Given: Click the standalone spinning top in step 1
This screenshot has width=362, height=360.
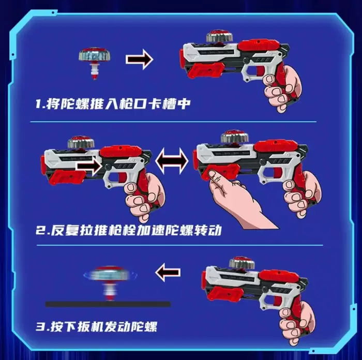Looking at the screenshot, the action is click(x=94, y=63).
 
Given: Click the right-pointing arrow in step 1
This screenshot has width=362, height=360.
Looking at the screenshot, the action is click(x=140, y=59).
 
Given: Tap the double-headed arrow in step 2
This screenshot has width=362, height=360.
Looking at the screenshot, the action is click(x=172, y=161).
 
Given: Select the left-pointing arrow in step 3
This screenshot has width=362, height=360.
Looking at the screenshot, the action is click(x=168, y=273).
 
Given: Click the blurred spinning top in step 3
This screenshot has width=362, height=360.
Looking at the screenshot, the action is click(x=110, y=283).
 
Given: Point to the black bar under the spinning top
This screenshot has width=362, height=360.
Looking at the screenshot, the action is click(x=108, y=304).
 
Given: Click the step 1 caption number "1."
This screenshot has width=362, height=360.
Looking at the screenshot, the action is click(x=40, y=104).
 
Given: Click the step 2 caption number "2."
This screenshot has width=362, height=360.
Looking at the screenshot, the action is click(x=42, y=231).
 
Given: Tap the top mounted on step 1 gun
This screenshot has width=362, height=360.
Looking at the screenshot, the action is click(x=219, y=37).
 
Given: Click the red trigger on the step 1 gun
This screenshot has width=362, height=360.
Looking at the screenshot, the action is click(x=259, y=71).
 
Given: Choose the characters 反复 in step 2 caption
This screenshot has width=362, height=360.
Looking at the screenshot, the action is click(x=65, y=231).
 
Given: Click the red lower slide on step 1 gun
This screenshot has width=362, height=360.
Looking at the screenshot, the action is click(x=205, y=70).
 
